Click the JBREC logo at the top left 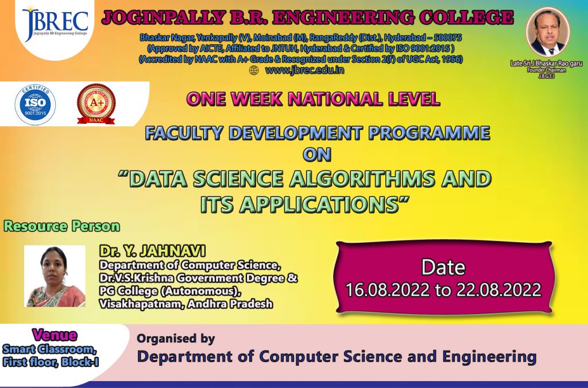[x=55, y=24]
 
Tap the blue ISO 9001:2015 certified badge [x=35, y=104]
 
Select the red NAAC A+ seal [x=96, y=104]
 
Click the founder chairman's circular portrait [x=547, y=32]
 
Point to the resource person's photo [x=55, y=276]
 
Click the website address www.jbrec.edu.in [x=304, y=70]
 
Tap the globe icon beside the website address [x=254, y=71]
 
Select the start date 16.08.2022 [x=388, y=290]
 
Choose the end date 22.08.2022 [x=498, y=290]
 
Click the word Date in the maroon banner [x=443, y=267]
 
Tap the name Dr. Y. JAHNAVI [x=152, y=251]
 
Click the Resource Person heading [x=62, y=226]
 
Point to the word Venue [x=55, y=335]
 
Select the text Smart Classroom [x=49, y=350]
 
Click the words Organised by [x=176, y=339]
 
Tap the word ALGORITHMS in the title [x=362, y=179]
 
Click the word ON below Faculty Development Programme [x=317, y=154]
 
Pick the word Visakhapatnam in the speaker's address [x=141, y=304]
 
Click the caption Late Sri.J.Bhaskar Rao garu [x=546, y=63]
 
